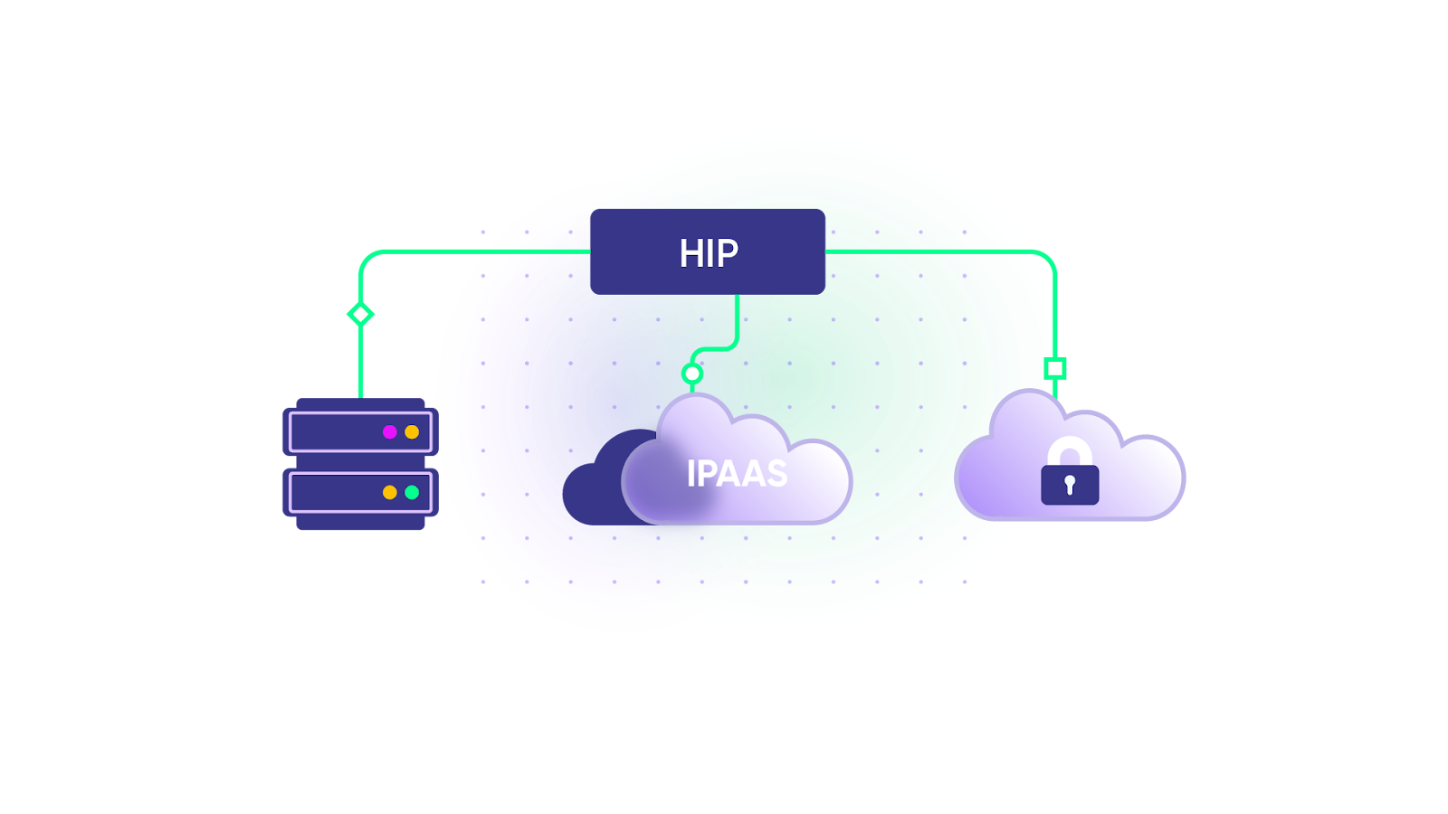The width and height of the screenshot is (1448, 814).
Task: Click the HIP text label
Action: (709, 253)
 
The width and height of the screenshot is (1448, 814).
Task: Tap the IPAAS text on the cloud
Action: (737, 473)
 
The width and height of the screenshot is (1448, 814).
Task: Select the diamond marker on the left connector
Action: (360, 314)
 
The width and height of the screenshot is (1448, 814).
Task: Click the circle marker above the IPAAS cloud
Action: (692, 374)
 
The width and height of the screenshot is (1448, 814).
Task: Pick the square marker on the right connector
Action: (1054, 368)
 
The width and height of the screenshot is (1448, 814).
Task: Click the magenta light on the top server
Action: (390, 432)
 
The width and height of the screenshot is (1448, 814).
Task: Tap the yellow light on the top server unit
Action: (412, 432)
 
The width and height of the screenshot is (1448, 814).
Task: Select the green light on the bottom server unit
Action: (412, 492)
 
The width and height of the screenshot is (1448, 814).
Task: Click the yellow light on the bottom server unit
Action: (390, 492)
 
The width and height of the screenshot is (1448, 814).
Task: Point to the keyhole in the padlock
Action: (1070, 486)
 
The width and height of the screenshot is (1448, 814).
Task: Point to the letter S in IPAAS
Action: (776, 473)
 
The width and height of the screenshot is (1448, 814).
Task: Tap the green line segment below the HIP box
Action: (738, 317)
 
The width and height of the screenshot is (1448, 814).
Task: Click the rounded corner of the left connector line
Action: (366, 257)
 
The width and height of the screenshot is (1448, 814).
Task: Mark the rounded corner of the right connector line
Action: (1050, 256)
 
